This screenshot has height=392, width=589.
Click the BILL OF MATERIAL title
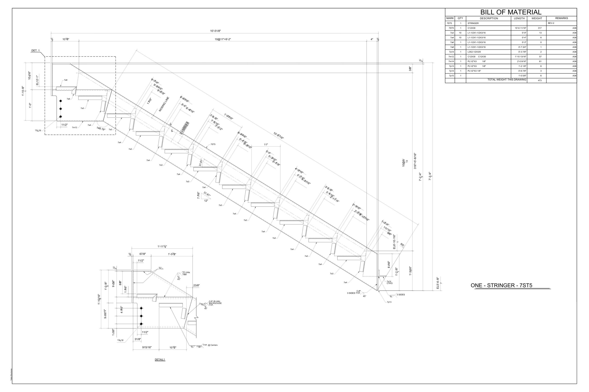pos(511,12)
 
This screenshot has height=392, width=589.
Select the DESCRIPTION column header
pos(489,18)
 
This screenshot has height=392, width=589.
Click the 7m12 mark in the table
pos(451,57)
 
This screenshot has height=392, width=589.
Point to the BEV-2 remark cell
pos(551,23)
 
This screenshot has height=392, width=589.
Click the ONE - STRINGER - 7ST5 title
pos(501,285)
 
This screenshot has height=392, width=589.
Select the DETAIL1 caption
pos(160,359)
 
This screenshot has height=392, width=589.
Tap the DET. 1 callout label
pos(35,51)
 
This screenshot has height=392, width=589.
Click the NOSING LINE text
pos(164,104)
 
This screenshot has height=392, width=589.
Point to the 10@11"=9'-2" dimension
pos(223,39)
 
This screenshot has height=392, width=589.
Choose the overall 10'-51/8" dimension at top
pos(215,31)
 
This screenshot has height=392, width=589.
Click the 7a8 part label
pos(66,80)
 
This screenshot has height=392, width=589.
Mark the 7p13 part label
pos(389,302)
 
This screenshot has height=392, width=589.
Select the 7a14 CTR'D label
pos(390,282)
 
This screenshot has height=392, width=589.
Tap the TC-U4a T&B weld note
pos(186,273)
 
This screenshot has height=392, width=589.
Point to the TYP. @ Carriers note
pos(210,345)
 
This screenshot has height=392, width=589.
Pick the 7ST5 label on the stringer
pos(213,144)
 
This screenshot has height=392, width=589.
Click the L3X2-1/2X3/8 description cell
pos(474,52)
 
